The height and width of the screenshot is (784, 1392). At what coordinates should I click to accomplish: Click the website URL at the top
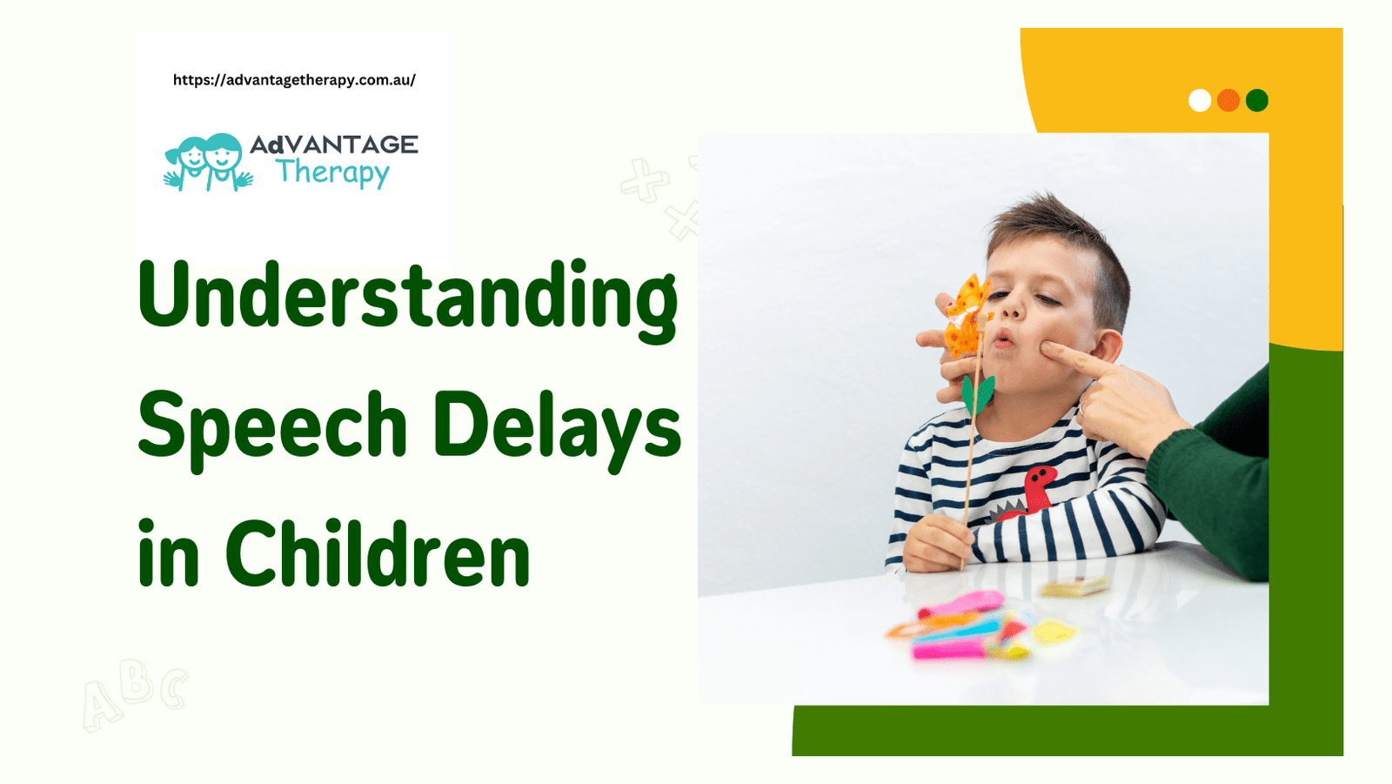click(294, 80)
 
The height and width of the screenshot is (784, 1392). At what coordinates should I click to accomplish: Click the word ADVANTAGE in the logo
click(334, 144)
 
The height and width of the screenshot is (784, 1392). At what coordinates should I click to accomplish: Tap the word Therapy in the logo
click(332, 172)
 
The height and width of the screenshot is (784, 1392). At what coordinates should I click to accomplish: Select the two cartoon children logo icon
click(208, 162)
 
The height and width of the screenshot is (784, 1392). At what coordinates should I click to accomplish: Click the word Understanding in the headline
click(407, 296)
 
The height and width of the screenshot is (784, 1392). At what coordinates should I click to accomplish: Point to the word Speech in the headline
click(272, 426)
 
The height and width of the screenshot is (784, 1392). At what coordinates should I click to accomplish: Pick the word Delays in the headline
click(557, 426)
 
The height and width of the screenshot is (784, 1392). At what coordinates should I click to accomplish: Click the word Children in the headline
click(378, 554)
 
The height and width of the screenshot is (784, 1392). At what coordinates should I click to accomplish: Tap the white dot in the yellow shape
click(1200, 101)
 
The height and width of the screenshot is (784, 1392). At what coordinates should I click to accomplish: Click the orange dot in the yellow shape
click(1228, 101)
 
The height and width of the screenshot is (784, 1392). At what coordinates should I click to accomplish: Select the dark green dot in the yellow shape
click(1257, 101)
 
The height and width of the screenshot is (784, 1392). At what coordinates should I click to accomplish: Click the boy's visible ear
click(1108, 345)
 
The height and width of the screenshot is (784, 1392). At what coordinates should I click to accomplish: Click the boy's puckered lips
click(1002, 338)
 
